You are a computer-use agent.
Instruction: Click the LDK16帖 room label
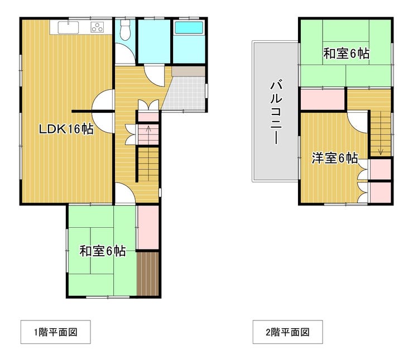coord(66,129)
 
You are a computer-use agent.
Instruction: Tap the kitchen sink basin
coord(68,28)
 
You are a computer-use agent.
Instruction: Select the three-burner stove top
coord(97,27)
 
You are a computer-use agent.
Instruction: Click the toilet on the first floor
coord(125,30)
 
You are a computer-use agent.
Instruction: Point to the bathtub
coord(189,27)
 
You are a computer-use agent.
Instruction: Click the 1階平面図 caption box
coord(56,332)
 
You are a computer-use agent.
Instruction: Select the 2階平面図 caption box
coord(287,332)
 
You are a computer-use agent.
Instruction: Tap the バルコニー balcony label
coord(276,112)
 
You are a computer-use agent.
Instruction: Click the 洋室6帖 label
coord(335,158)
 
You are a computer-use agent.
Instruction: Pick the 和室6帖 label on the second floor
coord(346,54)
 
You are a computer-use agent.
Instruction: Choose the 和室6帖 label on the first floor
coord(103,251)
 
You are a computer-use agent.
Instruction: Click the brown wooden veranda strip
coord(148,273)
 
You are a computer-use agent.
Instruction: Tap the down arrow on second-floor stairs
coord(380,151)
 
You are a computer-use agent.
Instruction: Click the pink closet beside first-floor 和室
coord(148,227)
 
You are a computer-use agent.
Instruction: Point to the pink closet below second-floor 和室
coord(323,99)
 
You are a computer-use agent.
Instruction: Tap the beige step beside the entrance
coord(188,71)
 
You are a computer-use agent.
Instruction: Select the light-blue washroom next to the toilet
coord(155,41)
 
